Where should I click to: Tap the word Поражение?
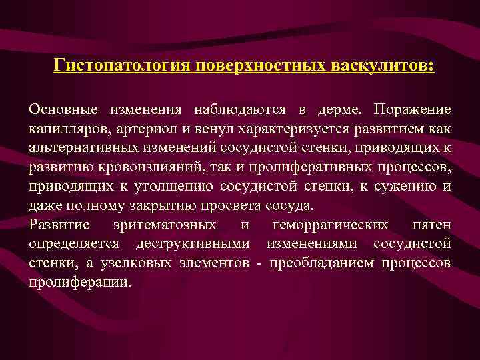pyautogui.click(x=412, y=109)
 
